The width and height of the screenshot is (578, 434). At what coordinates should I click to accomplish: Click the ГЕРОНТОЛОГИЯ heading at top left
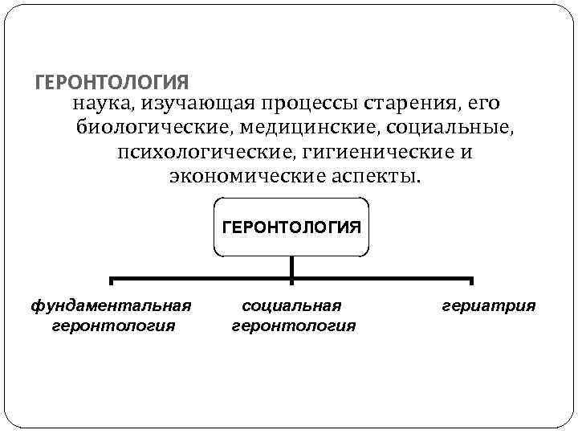pos(113,83)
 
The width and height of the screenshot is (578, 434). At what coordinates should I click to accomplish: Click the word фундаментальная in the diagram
pos(111,305)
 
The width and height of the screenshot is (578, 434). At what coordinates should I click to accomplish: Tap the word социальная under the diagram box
pos(291,305)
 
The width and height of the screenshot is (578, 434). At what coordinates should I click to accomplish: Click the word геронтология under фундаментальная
pos(113,325)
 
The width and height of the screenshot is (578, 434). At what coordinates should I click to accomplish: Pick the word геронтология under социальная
pos(293,325)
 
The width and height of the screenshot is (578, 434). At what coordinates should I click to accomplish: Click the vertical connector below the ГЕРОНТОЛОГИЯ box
pos(291,268)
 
